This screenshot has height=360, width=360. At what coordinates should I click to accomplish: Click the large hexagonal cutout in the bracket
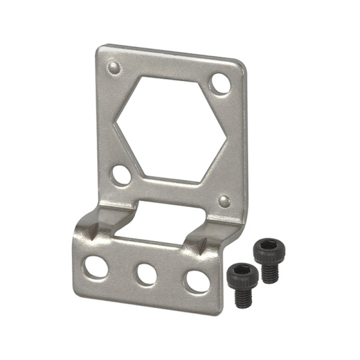click(x=171, y=129)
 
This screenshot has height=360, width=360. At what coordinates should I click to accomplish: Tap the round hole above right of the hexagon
click(x=220, y=83)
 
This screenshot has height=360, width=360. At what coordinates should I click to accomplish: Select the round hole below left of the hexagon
click(x=121, y=175)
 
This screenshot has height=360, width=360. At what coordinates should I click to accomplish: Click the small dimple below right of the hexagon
click(x=224, y=201)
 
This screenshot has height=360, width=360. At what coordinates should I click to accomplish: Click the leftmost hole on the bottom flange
click(x=96, y=266)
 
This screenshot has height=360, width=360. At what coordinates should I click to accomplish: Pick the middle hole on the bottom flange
click(x=146, y=274)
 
